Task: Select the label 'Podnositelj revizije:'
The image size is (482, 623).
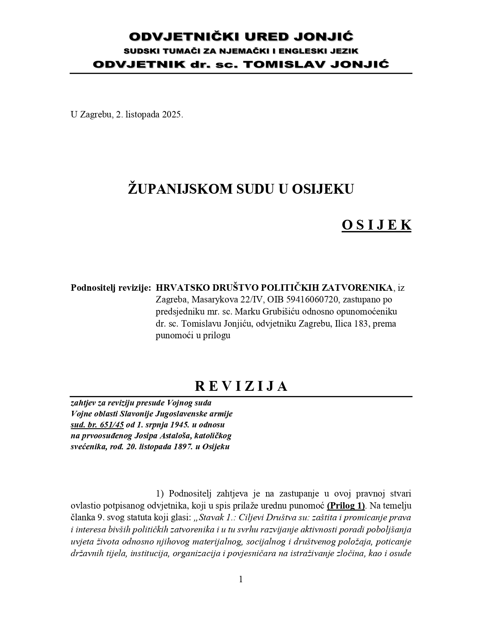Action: coord(111,288)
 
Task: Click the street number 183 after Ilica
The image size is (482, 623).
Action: coord(361,324)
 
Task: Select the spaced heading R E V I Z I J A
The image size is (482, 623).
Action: coord(241,386)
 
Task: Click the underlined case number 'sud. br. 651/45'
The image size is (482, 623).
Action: coord(97,424)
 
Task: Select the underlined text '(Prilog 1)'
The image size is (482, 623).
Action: coord(346,505)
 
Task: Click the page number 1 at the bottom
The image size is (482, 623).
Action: coord(241,579)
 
